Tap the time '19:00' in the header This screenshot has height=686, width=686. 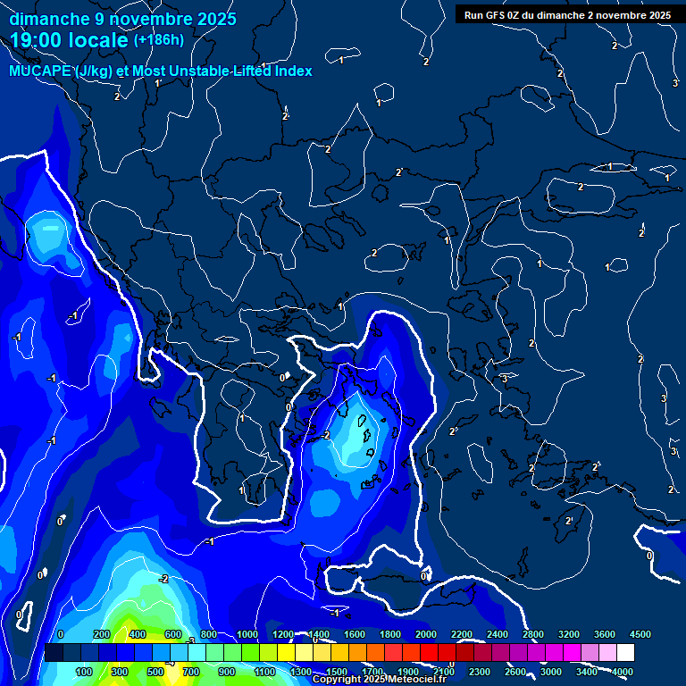[x=37, y=40]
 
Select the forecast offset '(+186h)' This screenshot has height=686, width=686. [x=159, y=39]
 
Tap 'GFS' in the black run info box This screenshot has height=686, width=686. [x=496, y=15]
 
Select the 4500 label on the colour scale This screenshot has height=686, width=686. [x=640, y=633]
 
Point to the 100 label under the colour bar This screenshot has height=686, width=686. [x=85, y=672]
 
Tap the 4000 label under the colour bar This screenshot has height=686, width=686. [x=623, y=672]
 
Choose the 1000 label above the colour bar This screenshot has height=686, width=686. [x=247, y=633]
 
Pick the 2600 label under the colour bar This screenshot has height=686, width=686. [x=515, y=672]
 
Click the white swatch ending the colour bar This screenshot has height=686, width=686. [x=625, y=653]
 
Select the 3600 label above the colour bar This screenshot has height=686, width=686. [x=605, y=633]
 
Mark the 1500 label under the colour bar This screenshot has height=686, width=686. [x=337, y=672]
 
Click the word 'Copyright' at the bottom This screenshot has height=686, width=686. [x=337, y=680]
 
